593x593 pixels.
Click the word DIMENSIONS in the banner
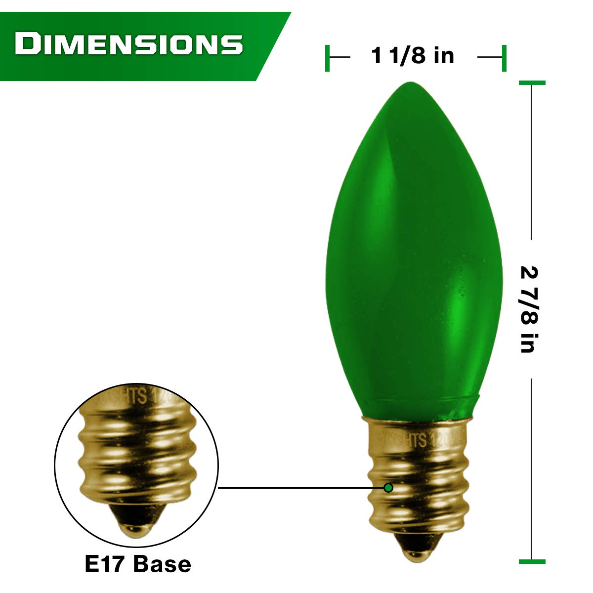click(128, 44)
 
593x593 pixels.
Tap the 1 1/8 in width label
click(413, 56)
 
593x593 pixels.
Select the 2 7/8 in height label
click(529, 309)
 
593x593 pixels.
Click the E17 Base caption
click(138, 564)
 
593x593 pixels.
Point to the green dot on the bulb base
click(388, 488)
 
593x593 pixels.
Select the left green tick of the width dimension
click(327, 58)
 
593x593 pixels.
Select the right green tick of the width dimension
click(504, 58)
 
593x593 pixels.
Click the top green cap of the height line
click(532, 83)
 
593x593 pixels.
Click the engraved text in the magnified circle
click(143, 398)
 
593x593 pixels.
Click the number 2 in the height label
click(529, 273)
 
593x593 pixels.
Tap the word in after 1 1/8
click(443, 56)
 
